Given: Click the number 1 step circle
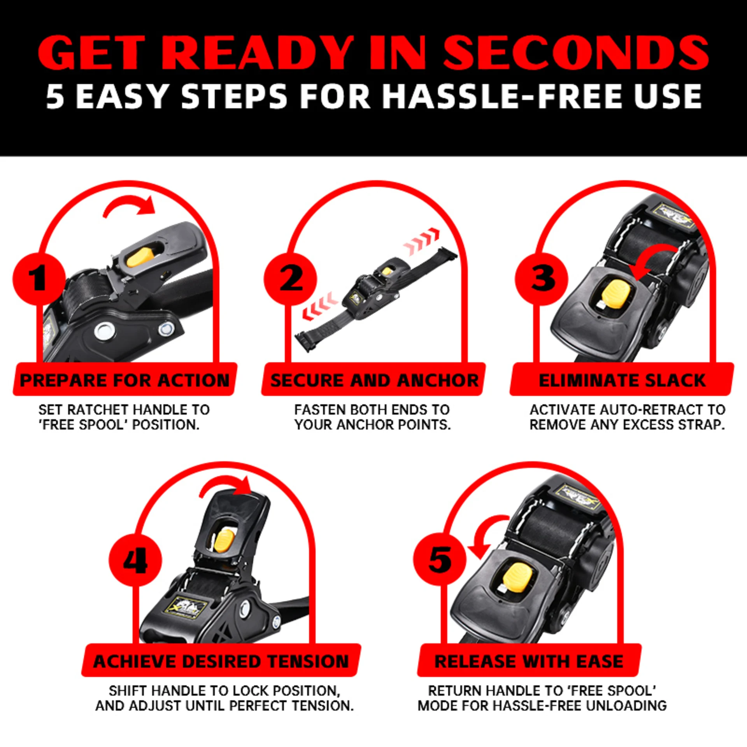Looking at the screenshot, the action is pos(39,279).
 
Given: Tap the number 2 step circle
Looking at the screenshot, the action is pos(290,279).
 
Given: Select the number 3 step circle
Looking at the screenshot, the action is pos(542,279).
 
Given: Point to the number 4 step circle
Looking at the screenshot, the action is pos(135,560).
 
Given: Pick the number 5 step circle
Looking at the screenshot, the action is pos(440,559).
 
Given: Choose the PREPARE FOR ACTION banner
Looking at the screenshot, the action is pos(125,379).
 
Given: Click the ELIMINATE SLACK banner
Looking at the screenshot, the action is pos(622,379).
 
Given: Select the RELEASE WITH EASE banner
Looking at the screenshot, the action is pos(529,661).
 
